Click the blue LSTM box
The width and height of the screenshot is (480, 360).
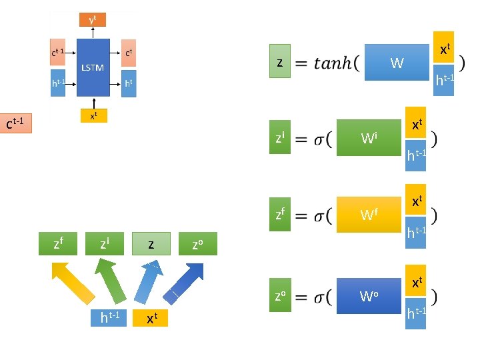point(93,67)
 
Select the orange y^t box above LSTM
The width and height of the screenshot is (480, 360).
point(93,20)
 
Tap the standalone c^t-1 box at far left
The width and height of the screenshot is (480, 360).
point(16,124)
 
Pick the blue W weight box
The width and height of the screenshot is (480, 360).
point(397,63)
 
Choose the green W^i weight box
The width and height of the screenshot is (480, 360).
point(369,138)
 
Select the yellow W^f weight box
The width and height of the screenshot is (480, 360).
point(369,215)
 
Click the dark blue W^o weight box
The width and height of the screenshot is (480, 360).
point(369,295)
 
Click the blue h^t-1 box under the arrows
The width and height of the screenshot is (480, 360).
point(109,318)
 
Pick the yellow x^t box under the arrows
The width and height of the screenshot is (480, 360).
point(151,318)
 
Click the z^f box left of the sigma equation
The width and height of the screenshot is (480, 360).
point(280,215)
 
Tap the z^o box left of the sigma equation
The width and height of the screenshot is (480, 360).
point(280,295)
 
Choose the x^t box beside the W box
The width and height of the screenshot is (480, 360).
point(443,48)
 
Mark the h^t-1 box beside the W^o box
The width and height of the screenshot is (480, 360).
point(416,311)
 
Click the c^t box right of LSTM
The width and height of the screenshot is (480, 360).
point(129,52)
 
